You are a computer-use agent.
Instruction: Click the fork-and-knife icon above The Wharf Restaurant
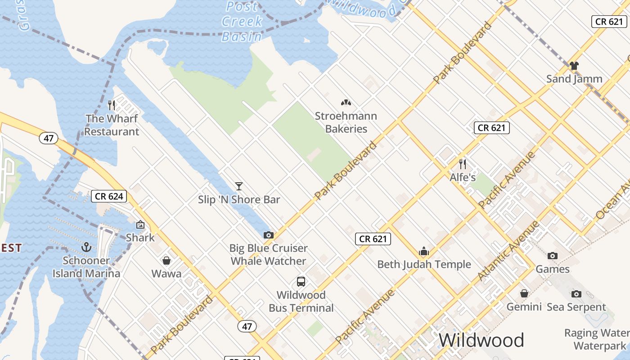point(112,105)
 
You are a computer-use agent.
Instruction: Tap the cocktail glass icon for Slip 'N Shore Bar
point(239,186)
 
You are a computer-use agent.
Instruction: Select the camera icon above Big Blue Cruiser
point(269,235)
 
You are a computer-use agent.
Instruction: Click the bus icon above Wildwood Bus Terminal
point(301,282)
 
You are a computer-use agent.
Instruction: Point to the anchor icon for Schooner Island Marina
point(86,247)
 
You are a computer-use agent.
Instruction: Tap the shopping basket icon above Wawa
point(166,261)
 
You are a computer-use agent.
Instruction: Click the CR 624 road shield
point(109,196)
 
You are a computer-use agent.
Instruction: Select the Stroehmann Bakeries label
point(346,122)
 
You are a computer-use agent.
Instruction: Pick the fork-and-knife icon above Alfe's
point(463,164)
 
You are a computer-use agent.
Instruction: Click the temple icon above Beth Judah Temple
point(424,251)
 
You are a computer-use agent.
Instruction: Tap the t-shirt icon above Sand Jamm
point(574,66)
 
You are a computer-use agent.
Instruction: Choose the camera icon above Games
point(553,256)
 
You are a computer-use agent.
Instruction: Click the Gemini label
point(524,307)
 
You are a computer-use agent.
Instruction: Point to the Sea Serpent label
point(576,307)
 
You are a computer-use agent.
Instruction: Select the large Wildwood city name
point(481,340)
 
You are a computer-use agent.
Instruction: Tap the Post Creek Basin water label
point(242,22)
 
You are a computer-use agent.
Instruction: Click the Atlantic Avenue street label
point(508,251)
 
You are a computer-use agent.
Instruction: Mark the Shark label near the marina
point(140,238)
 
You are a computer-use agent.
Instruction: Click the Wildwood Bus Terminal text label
point(301,301)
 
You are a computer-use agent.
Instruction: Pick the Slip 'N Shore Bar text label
point(239,199)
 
